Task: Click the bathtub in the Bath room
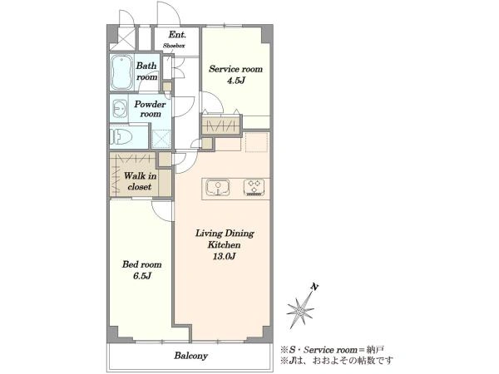121,73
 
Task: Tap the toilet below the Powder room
121,138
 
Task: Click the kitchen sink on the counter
218,188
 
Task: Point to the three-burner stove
254,187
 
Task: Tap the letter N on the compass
314,287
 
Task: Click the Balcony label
191,356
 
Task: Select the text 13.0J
225,256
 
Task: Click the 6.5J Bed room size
142,276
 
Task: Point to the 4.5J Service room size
236,81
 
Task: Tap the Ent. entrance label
177,34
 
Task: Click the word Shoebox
174,46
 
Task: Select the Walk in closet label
140,181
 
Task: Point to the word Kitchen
225,245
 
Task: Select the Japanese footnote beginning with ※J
337,361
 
